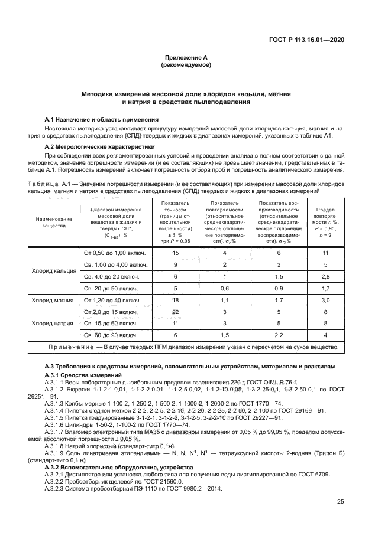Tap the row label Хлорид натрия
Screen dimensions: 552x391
53,324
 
